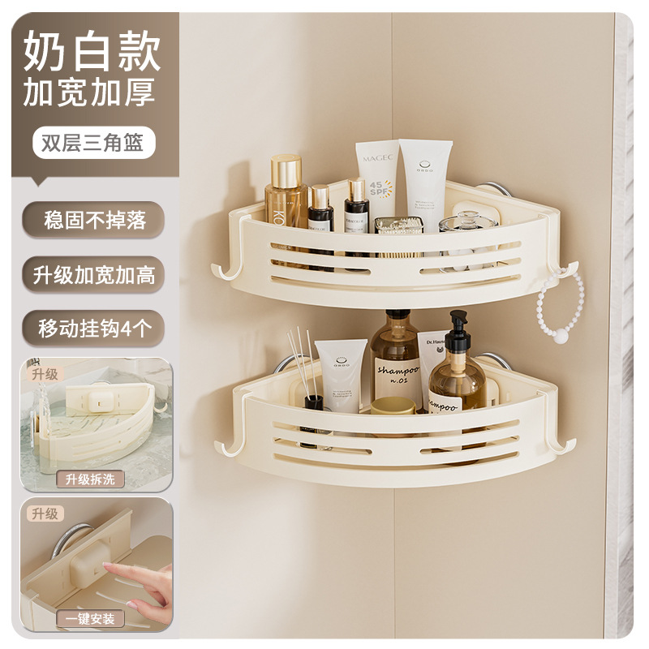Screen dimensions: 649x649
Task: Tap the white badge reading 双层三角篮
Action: pyautogui.click(x=88, y=142)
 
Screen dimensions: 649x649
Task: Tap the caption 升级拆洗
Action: pyautogui.click(x=90, y=479)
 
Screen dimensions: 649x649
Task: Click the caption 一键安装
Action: pyautogui.click(x=90, y=618)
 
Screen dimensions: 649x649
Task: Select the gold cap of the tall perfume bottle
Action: pyautogui.click(x=286, y=169)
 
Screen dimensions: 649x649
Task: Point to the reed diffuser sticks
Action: pyautogui.click(x=303, y=361)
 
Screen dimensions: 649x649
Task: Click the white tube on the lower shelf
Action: pyautogui.click(x=342, y=373)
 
